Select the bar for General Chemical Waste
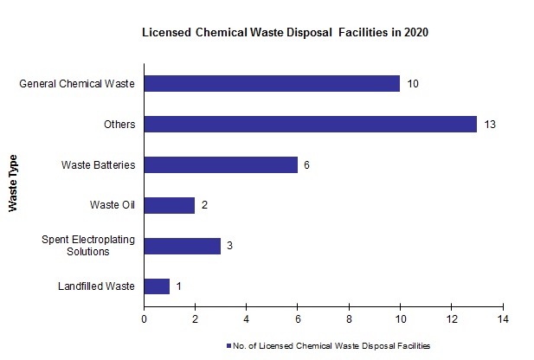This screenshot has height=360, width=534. pyautogui.click(x=272, y=84)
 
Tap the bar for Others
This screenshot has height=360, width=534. pyautogui.click(x=310, y=124)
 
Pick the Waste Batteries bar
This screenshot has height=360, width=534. pyautogui.click(x=221, y=164)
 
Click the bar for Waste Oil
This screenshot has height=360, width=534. pyautogui.click(x=170, y=205)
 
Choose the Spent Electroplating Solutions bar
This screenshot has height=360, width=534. pyautogui.click(x=182, y=245)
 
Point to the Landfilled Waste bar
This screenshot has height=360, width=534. pyautogui.click(x=157, y=286)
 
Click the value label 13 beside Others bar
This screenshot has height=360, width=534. pyautogui.click(x=490, y=125)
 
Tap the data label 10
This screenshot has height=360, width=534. pyautogui.click(x=413, y=84)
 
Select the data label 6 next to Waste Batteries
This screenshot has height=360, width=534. pyautogui.click(x=306, y=164)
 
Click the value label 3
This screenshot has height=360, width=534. pyautogui.click(x=229, y=246)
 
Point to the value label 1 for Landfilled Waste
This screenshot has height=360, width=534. pyautogui.click(x=178, y=286)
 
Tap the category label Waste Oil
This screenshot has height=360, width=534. pyautogui.click(x=113, y=205)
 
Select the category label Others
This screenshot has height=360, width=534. pyautogui.click(x=119, y=125)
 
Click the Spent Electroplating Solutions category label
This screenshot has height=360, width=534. pyautogui.click(x=88, y=245)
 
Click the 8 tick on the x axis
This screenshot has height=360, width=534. pyautogui.click(x=350, y=318)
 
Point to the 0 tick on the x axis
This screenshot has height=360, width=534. pyautogui.click(x=144, y=318)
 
